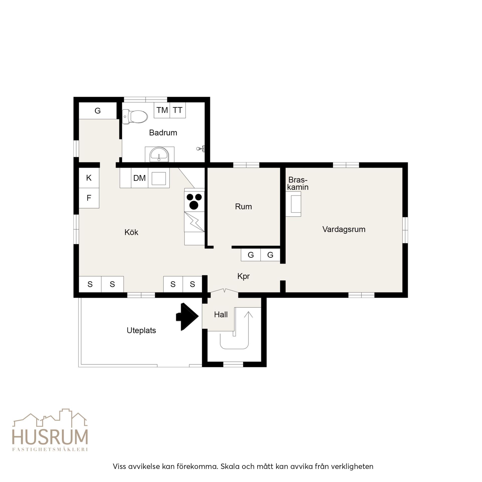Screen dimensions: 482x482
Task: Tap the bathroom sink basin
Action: tap(159, 155)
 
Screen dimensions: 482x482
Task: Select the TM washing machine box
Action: tap(162, 110)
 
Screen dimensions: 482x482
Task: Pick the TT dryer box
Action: tap(178, 110)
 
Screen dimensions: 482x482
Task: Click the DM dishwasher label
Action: tap(139, 178)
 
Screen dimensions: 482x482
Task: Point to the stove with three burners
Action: tap(194, 201)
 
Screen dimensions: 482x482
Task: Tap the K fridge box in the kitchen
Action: tap(89, 178)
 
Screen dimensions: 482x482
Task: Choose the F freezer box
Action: tap(89, 198)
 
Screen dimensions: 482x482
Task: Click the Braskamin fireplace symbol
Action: tap(293, 204)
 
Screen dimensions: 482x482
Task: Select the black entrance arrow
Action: tap(187, 317)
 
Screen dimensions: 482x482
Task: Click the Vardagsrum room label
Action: tap(344, 229)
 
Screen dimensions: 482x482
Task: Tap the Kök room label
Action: tap(131, 232)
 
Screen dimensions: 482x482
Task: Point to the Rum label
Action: tap(243, 207)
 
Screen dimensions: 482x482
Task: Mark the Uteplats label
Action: tap(141, 330)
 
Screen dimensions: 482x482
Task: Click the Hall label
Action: tap(221, 315)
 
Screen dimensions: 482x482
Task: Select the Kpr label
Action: tap(243, 276)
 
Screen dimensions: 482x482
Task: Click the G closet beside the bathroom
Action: tap(98, 110)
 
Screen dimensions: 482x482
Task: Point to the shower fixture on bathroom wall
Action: tap(201, 149)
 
